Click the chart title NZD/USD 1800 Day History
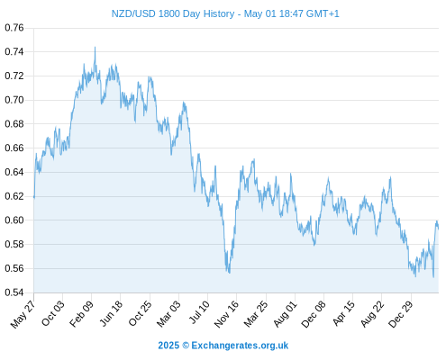[173, 13]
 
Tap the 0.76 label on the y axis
[14, 28]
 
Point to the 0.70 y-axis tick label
[14, 100]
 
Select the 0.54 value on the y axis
[14, 292]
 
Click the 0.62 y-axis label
[14, 196]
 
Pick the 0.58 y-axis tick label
[14, 244]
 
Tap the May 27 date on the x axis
[23, 314]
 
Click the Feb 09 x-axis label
[81, 313]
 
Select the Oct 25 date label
[140, 313]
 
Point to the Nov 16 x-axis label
[226, 314]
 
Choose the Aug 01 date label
[285, 313]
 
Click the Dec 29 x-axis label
[400, 314]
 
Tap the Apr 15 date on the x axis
[343, 313]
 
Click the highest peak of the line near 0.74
[95, 47]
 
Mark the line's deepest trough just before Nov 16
[230, 273]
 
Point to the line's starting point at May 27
[34, 197]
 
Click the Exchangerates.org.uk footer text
[240, 346]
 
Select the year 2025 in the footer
[168, 346]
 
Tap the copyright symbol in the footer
[186, 346]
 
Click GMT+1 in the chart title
[323, 13]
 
